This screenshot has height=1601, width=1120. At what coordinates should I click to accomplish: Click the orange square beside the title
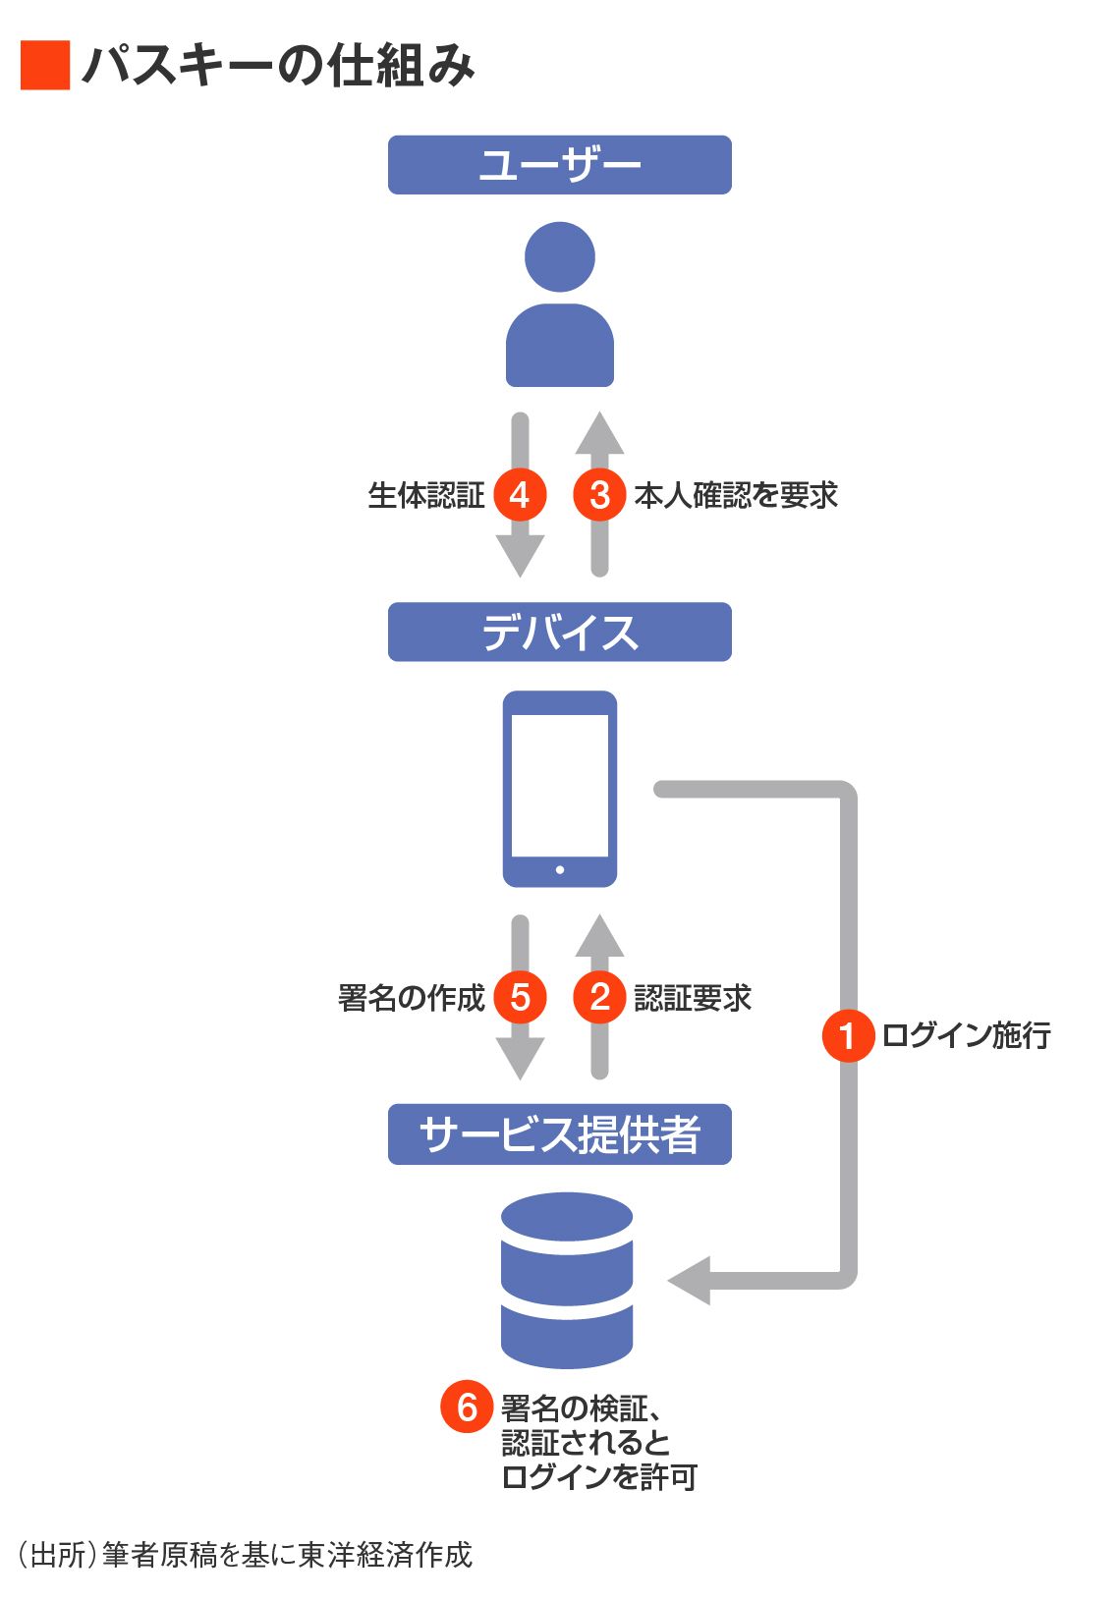tap(45, 66)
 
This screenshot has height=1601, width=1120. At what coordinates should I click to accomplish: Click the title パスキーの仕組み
tap(279, 66)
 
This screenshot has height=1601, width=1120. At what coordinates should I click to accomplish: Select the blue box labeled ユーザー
tap(559, 165)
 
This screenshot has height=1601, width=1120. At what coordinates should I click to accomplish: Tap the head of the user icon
tap(560, 256)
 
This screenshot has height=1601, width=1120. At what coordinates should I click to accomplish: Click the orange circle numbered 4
tap(520, 494)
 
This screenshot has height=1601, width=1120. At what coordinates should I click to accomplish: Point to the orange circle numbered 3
tap(599, 494)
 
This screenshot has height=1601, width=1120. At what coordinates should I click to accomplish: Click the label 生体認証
tap(425, 495)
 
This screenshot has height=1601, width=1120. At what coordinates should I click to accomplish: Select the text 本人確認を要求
tap(736, 495)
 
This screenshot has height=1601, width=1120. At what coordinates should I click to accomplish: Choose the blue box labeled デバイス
tap(559, 632)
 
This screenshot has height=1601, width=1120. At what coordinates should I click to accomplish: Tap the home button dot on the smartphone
tap(560, 869)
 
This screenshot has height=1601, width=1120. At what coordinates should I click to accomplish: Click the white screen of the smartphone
tap(560, 786)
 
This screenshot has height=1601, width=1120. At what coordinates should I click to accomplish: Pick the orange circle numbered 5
tap(520, 997)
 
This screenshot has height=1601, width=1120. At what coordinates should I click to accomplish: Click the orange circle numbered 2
tap(599, 997)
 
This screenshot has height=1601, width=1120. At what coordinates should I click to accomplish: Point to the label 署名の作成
tap(411, 998)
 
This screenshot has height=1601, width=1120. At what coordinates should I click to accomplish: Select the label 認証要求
tap(693, 998)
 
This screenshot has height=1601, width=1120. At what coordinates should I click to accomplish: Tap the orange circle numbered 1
tap(848, 1035)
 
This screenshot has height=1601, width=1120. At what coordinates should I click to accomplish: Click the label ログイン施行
tap(966, 1035)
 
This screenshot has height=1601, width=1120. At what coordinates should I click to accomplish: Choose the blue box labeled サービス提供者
tap(559, 1134)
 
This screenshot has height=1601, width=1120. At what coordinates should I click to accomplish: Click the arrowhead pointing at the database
tap(690, 1281)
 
